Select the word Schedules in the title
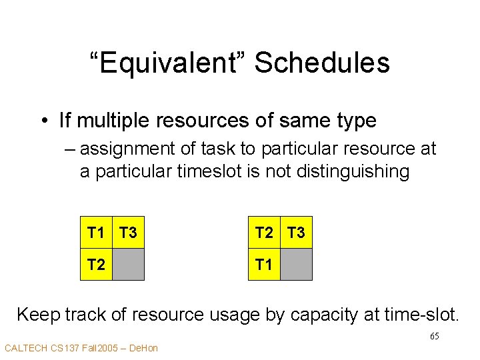click(322, 63)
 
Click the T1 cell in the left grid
click(96, 233)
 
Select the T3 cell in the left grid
click(128, 233)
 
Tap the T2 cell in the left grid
click(96, 265)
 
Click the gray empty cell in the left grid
click(128, 265)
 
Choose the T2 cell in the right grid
click(264, 233)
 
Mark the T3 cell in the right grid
click(296, 233)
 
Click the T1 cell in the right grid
click(264, 265)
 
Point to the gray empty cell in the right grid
click(296, 265)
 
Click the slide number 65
click(434, 336)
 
